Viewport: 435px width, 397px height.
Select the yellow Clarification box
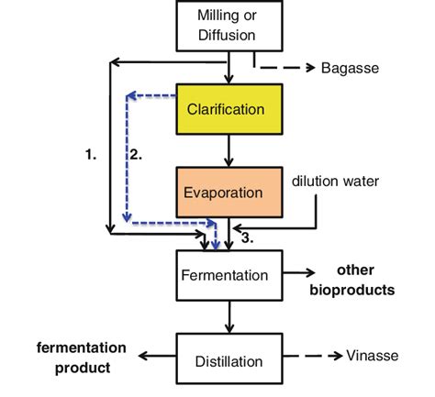tap(226, 109)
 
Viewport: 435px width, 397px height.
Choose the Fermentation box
tap(226, 275)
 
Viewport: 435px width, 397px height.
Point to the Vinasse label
tap(372, 356)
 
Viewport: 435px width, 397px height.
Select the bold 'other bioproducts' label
tap(357, 281)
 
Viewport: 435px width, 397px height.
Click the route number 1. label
tap(91, 155)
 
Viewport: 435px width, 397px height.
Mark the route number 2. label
tap(135, 155)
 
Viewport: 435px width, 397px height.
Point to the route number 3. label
tap(247, 237)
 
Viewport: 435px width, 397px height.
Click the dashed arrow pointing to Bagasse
tap(284, 68)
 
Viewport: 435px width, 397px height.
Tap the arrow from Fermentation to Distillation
tap(226, 316)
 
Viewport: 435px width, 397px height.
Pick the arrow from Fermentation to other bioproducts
tap(294, 274)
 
